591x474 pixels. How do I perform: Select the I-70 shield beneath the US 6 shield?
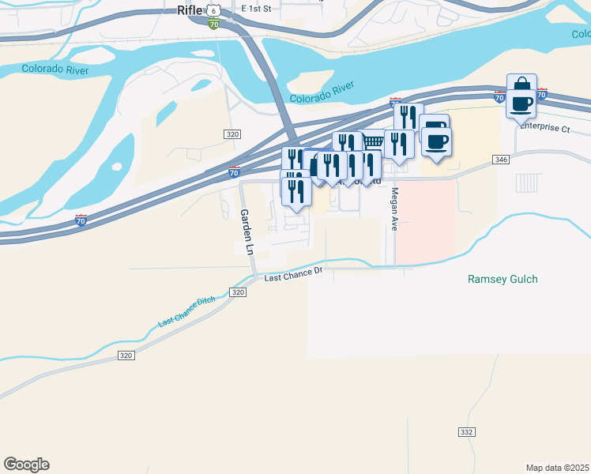[x=213, y=24]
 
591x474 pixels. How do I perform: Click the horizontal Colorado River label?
[x=55, y=69]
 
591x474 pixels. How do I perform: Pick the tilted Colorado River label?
[x=321, y=92]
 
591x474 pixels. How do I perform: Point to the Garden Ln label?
[x=246, y=231]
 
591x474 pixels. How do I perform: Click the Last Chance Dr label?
[x=294, y=274]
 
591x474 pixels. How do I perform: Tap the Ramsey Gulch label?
[x=503, y=279]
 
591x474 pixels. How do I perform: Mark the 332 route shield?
[x=466, y=432]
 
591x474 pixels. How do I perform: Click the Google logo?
[x=26, y=465]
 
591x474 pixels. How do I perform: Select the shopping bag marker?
[x=521, y=86]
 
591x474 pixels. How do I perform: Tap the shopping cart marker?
[x=371, y=143]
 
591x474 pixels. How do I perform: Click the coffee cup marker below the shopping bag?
[x=521, y=103]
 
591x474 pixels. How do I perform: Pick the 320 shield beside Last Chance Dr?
[x=239, y=292]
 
